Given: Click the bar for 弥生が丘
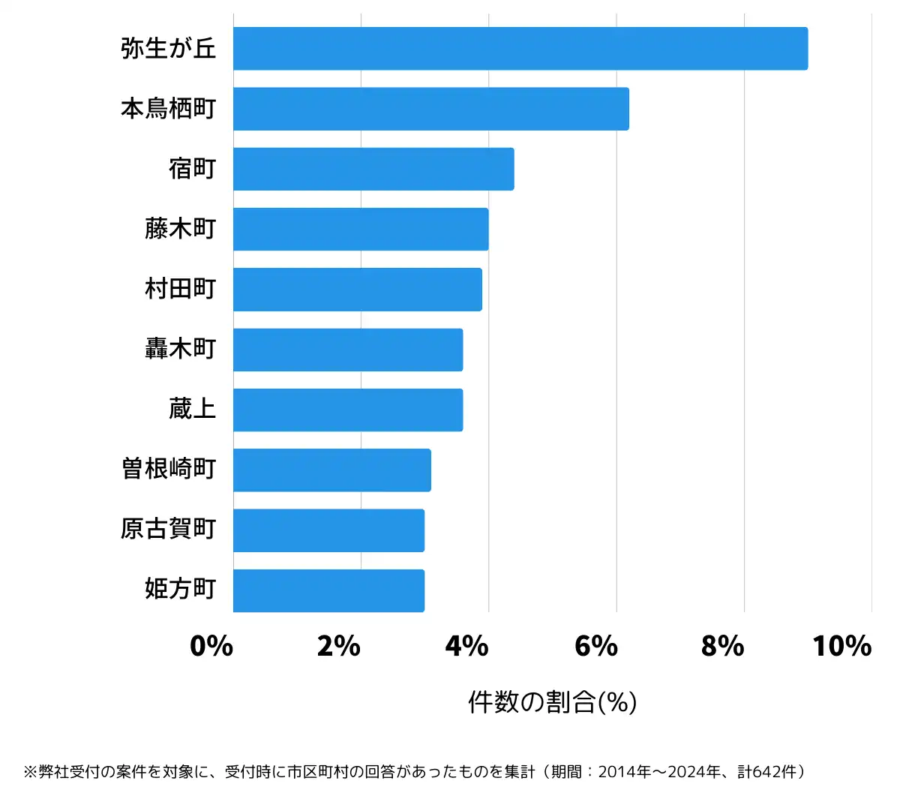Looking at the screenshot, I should pyautogui.click(x=520, y=49).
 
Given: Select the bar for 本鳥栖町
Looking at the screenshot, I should pyautogui.click(x=431, y=109).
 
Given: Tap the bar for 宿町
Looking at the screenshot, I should pyautogui.click(x=373, y=169).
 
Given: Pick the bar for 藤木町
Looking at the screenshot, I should pyautogui.click(x=361, y=229).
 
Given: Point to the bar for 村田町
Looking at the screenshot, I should pyautogui.click(x=358, y=289).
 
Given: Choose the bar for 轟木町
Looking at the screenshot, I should pyautogui.click(x=348, y=350).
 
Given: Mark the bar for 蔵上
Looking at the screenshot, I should pyautogui.click(x=348, y=410).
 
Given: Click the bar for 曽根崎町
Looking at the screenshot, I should pyautogui.click(x=332, y=470).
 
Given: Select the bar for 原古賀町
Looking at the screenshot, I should pyautogui.click(x=328, y=530).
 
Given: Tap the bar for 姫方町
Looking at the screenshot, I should pyautogui.click(x=328, y=590).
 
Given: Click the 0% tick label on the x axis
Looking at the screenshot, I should pyautogui.click(x=211, y=646).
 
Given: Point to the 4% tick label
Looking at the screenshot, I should pyautogui.click(x=466, y=646).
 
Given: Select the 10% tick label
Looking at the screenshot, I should pyautogui.click(x=841, y=646).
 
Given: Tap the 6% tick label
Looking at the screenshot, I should pyautogui.click(x=595, y=646).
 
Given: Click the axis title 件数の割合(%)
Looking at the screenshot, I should pyautogui.click(x=552, y=702).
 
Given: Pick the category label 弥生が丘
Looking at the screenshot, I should pyautogui.click(x=169, y=49).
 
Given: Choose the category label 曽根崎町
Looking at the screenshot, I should pyautogui.click(x=169, y=470).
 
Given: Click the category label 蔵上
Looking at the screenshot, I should pyautogui.click(x=193, y=410).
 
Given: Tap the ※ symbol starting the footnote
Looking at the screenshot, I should pyautogui.click(x=30, y=772).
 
